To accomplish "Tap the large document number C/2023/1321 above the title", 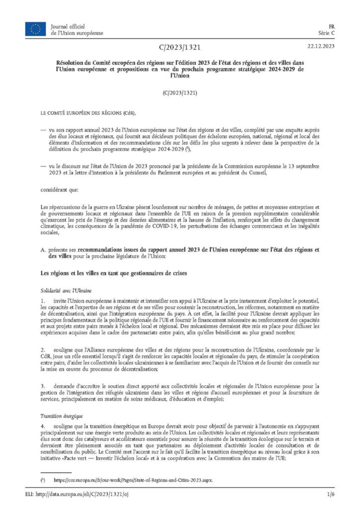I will click(180, 48).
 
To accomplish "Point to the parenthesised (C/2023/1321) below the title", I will click(180, 93).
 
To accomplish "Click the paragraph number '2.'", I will click(44, 350).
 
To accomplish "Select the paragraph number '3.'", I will click(44, 386).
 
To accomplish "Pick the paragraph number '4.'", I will click(44, 427).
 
